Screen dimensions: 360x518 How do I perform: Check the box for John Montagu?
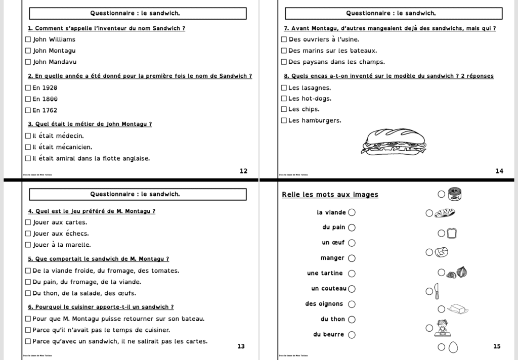[28, 51]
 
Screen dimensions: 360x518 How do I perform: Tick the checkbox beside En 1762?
[28, 110]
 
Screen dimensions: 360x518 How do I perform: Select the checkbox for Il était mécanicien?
[28, 147]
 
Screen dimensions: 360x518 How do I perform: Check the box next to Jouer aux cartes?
[28, 222]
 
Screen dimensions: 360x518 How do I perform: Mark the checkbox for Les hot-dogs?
[284, 99]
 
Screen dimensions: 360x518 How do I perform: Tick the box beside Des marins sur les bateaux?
[284, 51]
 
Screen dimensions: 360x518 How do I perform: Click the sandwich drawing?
[394, 142]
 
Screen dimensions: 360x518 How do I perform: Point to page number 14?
[499, 171]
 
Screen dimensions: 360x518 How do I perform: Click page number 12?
[243, 171]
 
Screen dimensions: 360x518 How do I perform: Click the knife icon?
[437, 291]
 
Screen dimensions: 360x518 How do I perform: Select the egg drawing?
[454, 347]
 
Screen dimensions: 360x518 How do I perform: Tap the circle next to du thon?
[352, 319]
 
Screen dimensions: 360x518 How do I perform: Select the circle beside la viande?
[352, 212]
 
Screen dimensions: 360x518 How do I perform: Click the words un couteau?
[329, 289]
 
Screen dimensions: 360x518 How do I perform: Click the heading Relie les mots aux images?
[330, 195]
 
